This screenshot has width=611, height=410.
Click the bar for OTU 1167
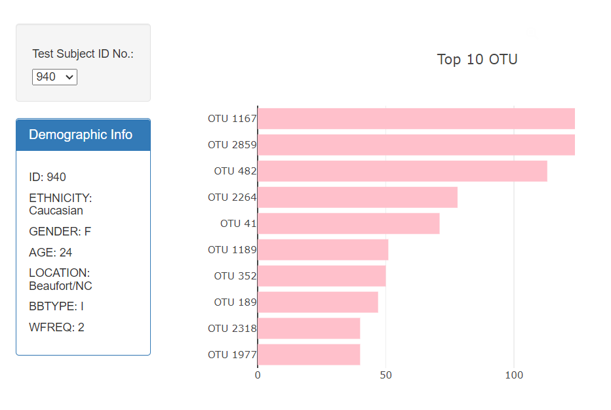pos(416,119)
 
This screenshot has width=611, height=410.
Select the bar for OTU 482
pos(402,171)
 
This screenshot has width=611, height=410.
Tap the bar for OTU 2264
pos(357,197)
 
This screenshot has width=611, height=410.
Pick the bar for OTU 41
pos(348,224)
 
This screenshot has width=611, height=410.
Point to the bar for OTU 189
pos(318,302)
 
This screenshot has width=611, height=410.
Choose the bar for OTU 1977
pos(309,355)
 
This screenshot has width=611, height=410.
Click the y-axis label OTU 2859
pos(232,145)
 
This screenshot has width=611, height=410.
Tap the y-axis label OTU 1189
pos(232,250)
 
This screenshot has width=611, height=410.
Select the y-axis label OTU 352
pos(235,276)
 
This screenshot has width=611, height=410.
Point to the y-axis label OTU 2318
pos(232,329)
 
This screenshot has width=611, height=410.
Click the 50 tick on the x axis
pos(385,375)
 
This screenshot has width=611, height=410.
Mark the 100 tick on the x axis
pos(514,375)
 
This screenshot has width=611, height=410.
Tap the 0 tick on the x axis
pos(258,375)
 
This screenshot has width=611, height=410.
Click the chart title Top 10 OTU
pos(477,60)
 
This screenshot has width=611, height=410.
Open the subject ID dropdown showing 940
pos(54,77)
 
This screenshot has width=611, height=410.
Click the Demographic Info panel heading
pos(81,135)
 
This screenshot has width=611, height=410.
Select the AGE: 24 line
pos(50,253)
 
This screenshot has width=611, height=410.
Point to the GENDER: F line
pos(60,232)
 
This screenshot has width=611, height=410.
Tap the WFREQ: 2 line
pos(56,327)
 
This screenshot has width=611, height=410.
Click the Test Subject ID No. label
pos(83,54)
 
